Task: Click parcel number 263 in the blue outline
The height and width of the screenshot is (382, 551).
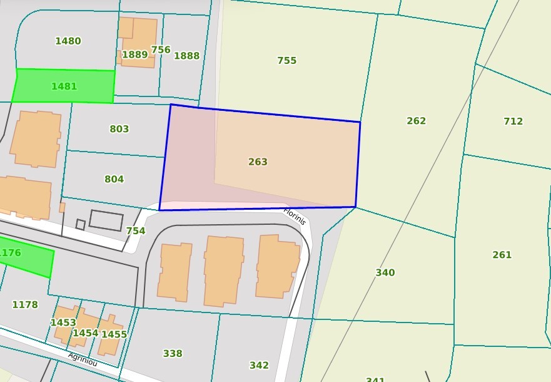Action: pyautogui.click(x=258, y=162)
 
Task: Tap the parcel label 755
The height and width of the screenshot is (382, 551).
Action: pyautogui.click(x=287, y=61)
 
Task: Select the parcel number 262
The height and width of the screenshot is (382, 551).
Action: pyautogui.click(x=416, y=121)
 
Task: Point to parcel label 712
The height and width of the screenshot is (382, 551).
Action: pyautogui.click(x=513, y=121)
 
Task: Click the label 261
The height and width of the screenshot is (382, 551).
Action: pyautogui.click(x=502, y=255)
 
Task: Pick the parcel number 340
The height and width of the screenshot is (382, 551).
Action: pyautogui.click(x=385, y=272)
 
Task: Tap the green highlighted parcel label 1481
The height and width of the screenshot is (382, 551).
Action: pyautogui.click(x=64, y=86)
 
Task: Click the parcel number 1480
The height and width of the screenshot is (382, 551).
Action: pyautogui.click(x=68, y=41)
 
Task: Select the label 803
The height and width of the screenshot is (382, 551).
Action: pyautogui.click(x=119, y=129)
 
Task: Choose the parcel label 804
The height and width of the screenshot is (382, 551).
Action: pyautogui.click(x=114, y=179)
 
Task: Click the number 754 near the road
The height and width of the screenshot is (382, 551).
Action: pyautogui.click(x=135, y=231)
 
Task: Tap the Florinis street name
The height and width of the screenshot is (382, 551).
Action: pyautogui.click(x=294, y=216)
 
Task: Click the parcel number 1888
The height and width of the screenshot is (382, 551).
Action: pyautogui.click(x=186, y=56)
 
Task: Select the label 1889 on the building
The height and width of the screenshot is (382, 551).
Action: pyautogui.click(x=134, y=54)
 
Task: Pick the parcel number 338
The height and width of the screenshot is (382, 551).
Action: pyautogui.click(x=173, y=354)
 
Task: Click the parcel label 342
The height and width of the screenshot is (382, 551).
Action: pyautogui.click(x=259, y=366)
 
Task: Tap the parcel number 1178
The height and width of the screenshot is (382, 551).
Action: pyautogui.click(x=25, y=305)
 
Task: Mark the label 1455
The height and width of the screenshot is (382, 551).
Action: pyautogui.click(x=114, y=334)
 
